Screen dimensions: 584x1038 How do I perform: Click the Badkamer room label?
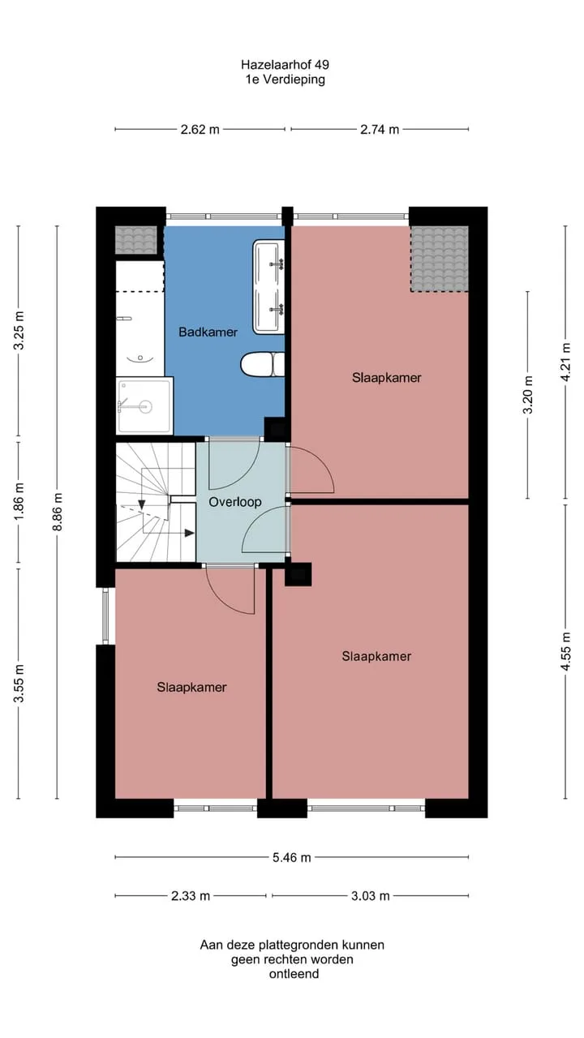(x=208, y=332)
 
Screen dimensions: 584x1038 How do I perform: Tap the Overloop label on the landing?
(x=234, y=502)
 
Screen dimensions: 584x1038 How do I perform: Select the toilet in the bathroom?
(x=262, y=364)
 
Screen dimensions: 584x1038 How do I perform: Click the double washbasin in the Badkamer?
(x=268, y=287)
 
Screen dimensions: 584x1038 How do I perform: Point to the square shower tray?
(x=144, y=406)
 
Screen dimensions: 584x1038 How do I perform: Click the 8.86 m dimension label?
(x=57, y=512)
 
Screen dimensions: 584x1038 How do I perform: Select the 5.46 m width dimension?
(x=291, y=857)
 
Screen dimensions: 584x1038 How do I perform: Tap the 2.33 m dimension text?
(x=191, y=896)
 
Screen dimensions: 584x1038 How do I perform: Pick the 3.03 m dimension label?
(x=370, y=896)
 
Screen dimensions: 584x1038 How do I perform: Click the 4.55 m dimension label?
(x=565, y=651)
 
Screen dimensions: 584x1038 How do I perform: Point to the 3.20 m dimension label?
(x=528, y=395)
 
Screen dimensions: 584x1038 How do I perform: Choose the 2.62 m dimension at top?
(x=200, y=129)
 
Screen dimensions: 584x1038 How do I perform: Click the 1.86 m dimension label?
(x=19, y=501)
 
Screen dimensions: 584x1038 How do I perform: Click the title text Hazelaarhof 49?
(x=285, y=64)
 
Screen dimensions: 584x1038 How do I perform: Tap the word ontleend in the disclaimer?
(x=294, y=974)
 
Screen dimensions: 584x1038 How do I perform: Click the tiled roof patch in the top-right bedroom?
(x=439, y=259)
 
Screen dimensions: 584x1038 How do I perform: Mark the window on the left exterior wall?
(x=105, y=616)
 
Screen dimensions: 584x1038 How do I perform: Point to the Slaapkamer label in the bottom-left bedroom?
(x=191, y=687)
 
